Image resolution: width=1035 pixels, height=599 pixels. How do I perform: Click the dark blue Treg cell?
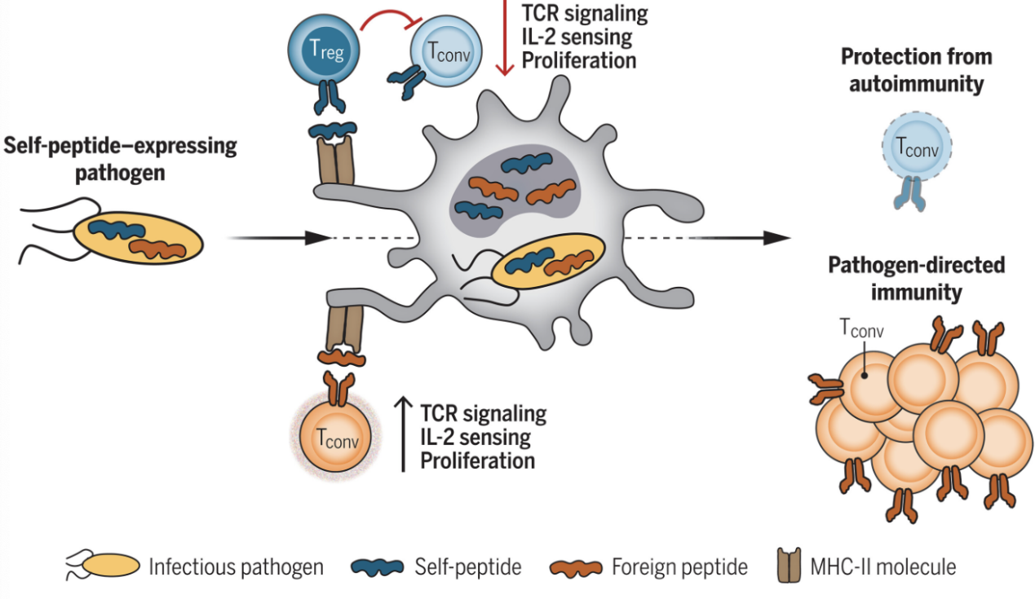tap(324, 51)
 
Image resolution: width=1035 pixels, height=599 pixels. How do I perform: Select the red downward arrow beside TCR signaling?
tap(505, 37)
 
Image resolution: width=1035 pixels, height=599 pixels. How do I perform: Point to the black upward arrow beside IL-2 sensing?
tap(404, 434)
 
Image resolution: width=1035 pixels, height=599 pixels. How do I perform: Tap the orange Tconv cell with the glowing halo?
tap(335, 437)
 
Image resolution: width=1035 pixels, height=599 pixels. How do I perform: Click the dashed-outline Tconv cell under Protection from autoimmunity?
tap(917, 147)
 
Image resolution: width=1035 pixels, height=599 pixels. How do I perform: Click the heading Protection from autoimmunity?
tap(917, 70)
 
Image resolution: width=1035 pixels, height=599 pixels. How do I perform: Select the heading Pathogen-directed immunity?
tap(917, 279)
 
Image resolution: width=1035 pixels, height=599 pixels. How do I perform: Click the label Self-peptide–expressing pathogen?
tap(120, 159)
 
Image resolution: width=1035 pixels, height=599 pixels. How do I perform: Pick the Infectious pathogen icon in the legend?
tap(103, 566)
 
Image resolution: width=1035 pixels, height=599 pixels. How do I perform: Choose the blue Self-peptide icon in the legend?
tap(378, 567)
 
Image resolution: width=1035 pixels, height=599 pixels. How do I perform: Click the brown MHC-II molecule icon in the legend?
tap(789, 566)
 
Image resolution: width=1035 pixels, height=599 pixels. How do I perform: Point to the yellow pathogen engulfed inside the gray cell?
tap(548, 261)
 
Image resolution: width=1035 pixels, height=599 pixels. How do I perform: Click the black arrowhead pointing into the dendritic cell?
tap(318, 238)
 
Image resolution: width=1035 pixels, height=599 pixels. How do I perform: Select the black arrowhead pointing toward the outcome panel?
tap(776, 238)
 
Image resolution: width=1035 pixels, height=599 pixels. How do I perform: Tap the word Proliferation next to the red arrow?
tap(579, 61)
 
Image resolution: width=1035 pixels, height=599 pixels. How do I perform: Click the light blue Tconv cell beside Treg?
tap(446, 51)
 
